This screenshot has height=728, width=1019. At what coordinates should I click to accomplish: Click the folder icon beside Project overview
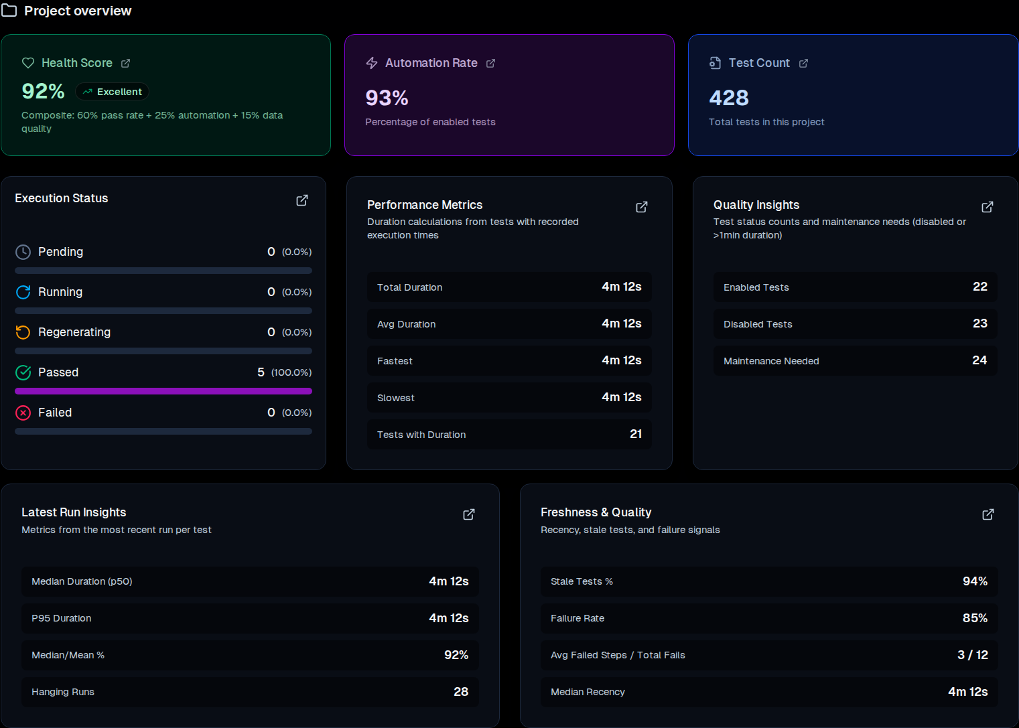click(x=9, y=10)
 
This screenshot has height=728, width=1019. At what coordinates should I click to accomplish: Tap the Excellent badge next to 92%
click(x=112, y=92)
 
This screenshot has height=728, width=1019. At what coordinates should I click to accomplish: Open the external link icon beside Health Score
click(x=125, y=63)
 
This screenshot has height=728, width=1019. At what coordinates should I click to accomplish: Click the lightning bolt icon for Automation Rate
click(x=372, y=63)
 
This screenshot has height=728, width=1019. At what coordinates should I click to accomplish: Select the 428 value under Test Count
click(x=729, y=98)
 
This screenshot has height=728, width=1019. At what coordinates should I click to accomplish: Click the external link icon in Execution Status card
click(x=302, y=200)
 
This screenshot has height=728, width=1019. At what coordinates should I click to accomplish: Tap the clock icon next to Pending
click(x=23, y=252)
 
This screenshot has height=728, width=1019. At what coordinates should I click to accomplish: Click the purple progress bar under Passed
click(x=163, y=391)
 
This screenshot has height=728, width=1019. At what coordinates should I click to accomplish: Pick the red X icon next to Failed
click(x=23, y=413)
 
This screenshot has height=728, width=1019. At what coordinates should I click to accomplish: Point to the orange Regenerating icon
click(x=23, y=332)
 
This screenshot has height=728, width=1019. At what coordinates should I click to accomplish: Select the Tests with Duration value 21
click(x=636, y=434)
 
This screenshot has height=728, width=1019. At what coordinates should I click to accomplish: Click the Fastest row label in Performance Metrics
click(x=395, y=361)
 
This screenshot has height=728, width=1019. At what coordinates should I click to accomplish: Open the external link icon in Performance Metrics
click(x=642, y=207)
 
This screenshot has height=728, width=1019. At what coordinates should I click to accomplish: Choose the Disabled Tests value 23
click(x=979, y=323)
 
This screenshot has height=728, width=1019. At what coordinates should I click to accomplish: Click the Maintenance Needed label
click(x=771, y=361)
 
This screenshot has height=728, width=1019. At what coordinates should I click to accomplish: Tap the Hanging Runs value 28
click(x=461, y=692)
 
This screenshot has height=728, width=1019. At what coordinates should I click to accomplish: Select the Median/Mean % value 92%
click(x=456, y=655)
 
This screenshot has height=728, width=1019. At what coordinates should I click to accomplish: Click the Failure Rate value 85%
click(x=975, y=618)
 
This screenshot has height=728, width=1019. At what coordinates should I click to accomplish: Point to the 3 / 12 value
click(x=972, y=655)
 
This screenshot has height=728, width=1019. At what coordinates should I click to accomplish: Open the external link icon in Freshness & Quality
click(x=988, y=514)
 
